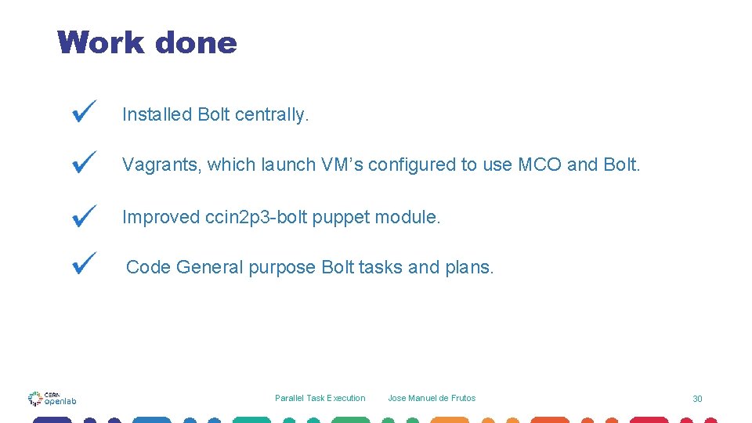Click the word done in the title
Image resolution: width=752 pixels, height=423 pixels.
pos(196,42)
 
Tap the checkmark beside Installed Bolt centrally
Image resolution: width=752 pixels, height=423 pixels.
pos(84,111)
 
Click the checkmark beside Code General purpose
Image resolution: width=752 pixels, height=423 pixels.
pos(84,262)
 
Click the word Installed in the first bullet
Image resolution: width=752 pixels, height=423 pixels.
pos(157,114)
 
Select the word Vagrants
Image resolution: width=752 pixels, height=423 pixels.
pos(161,165)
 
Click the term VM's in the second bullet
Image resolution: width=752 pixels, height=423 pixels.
pos(342,165)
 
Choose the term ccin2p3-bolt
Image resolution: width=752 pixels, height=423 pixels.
pos(255,217)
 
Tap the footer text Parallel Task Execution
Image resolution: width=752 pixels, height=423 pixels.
pos(320,398)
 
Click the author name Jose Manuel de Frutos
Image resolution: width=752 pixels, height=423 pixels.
pos(432,398)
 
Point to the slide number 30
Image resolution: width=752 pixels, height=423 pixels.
pos(697,399)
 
